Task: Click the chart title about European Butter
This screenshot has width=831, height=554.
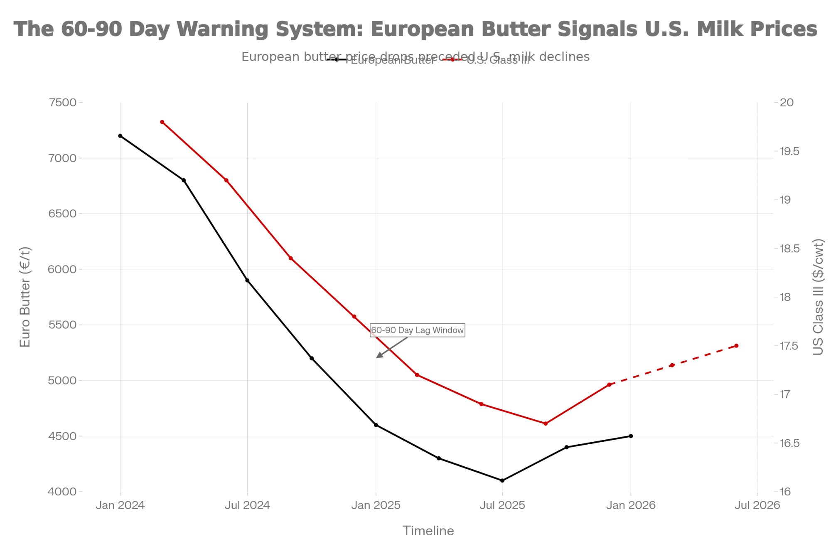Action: click(x=415, y=29)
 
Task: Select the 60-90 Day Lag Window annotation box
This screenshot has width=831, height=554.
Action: click(x=417, y=330)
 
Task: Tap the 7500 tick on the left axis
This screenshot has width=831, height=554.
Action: click(x=63, y=103)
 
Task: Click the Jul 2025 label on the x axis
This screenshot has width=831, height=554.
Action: click(x=502, y=505)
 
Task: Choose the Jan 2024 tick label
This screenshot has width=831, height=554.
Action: click(x=120, y=505)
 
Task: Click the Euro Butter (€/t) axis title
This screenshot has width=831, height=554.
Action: click(x=25, y=297)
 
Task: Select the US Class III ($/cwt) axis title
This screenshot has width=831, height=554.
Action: click(x=818, y=297)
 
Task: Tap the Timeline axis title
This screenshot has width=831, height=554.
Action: click(x=428, y=531)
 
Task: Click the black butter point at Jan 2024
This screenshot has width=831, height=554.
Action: click(x=120, y=136)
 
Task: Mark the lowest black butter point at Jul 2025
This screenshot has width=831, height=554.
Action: click(x=502, y=480)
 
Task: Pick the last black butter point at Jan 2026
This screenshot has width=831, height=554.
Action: click(x=631, y=436)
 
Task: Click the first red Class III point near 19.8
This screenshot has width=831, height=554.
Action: click(x=162, y=122)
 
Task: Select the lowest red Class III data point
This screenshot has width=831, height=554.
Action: click(x=546, y=424)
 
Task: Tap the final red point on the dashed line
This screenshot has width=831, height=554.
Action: click(x=736, y=346)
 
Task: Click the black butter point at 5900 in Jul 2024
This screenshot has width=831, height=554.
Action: click(x=247, y=281)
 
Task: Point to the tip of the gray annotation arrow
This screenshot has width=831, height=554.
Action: click(x=376, y=357)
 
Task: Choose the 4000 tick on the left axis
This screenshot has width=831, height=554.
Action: click(x=63, y=492)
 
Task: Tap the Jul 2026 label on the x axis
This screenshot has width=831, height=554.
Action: click(x=757, y=505)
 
